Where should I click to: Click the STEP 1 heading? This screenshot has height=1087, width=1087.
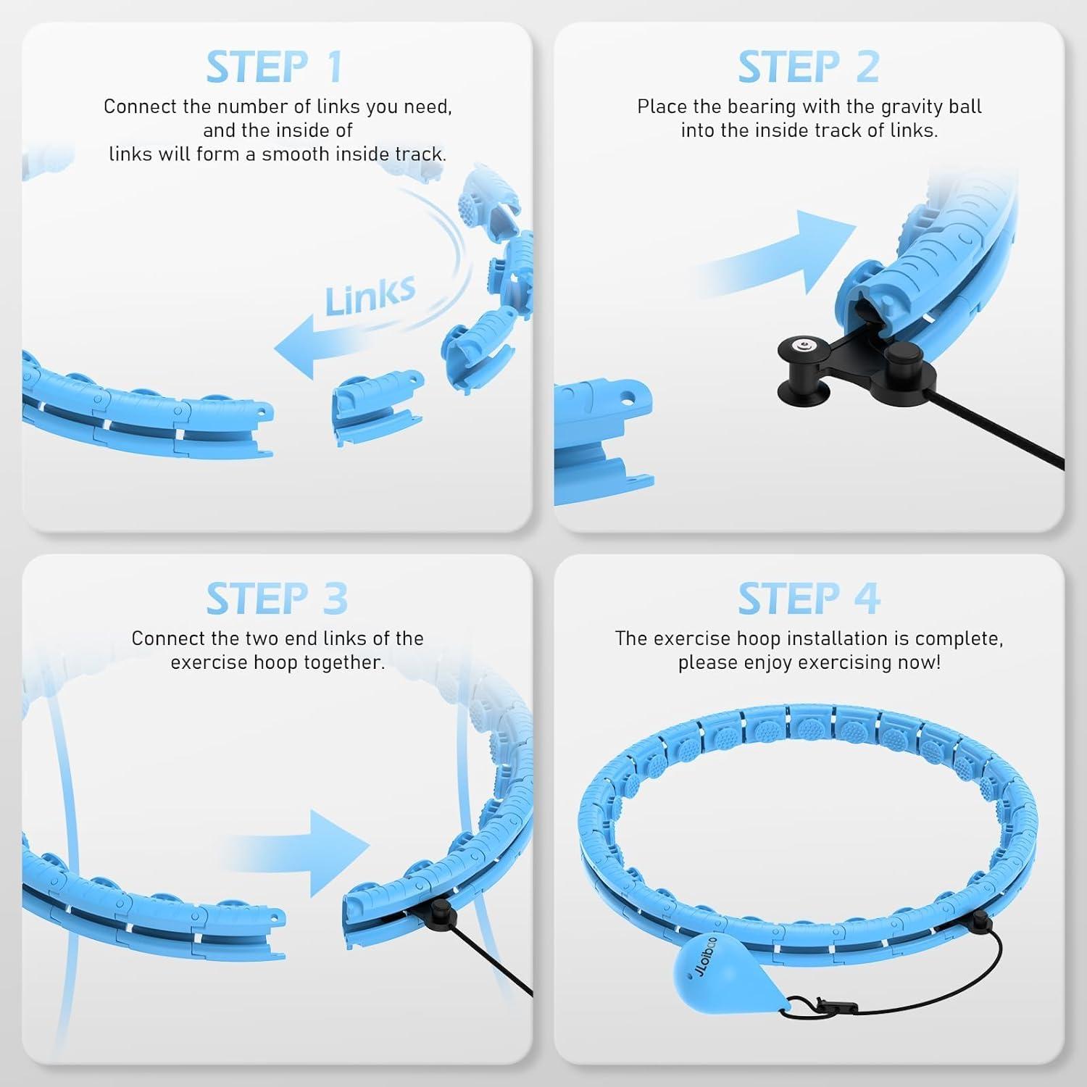[x=274, y=67]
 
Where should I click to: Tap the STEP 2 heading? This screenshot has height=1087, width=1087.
[x=808, y=67]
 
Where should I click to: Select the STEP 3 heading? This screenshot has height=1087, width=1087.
[x=277, y=599]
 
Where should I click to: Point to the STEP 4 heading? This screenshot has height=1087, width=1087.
[x=809, y=599]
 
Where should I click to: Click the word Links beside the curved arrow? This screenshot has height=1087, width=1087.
[x=370, y=296]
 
